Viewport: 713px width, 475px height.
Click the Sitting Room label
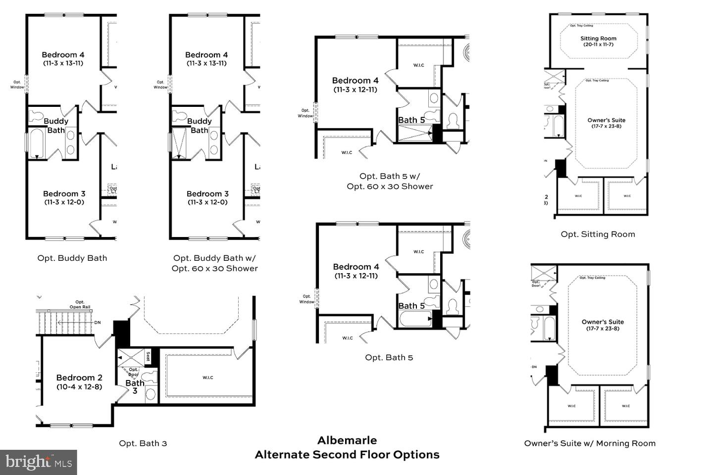click(598, 39)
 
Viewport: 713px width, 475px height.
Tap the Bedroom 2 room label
click(79, 378)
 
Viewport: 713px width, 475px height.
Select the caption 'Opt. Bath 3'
click(143, 443)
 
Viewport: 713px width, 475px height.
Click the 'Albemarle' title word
click(347, 440)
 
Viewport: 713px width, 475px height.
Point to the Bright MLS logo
click(38, 462)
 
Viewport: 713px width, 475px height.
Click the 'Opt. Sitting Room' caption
click(598, 234)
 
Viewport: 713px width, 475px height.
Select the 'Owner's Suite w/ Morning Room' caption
click(590, 443)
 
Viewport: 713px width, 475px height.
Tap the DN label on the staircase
click(97, 323)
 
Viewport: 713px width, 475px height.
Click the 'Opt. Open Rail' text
click(80, 304)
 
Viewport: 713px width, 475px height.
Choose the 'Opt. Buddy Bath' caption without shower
click(72, 258)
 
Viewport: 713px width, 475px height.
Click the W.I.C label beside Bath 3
click(208, 378)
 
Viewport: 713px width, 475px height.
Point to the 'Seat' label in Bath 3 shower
click(148, 356)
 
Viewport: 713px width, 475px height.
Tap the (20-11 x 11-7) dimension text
click(598, 45)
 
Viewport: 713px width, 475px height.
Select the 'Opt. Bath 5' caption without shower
click(389, 357)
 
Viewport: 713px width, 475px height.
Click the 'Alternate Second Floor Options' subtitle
click(347, 455)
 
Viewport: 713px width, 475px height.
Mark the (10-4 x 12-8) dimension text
click(79, 386)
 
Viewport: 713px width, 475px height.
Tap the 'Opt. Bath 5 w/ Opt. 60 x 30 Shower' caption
click(390, 181)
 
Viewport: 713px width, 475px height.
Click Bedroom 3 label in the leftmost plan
click(64, 193)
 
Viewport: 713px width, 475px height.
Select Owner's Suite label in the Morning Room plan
click(603, 322)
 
